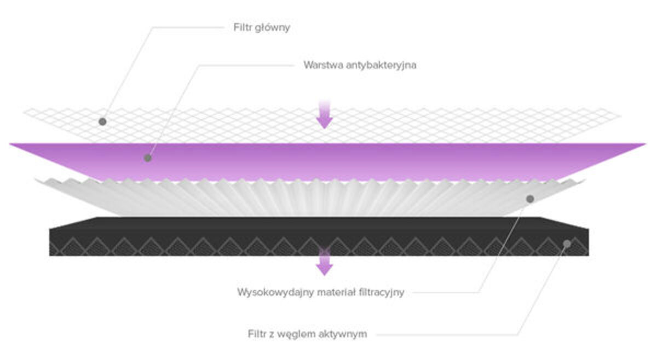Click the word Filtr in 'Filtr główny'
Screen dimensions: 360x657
pyautogui.click(x=242, y=27)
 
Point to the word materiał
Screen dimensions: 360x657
pyautogui.click(x=320, y=292)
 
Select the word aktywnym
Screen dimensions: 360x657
pyautogui.click(x=343, y=334)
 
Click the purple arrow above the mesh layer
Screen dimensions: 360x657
pyautogui.click(x=325, y=115)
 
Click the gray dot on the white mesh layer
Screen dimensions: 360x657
pyautogui.click(x=102, y=121)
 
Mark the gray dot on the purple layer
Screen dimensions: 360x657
pyautogui.click(x=147, y=158)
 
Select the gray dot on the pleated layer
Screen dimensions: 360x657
pyautogui.click(x=530, y=199)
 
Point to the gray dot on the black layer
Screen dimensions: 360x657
pyautogui.click(x=568, y=243)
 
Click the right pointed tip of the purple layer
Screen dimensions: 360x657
pyautogui.click(x=644, y=144)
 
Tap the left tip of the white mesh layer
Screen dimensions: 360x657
pyautogui.click(x=25, y=113)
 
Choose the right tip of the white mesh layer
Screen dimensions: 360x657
pyautogui.click(x=620, y=115)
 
